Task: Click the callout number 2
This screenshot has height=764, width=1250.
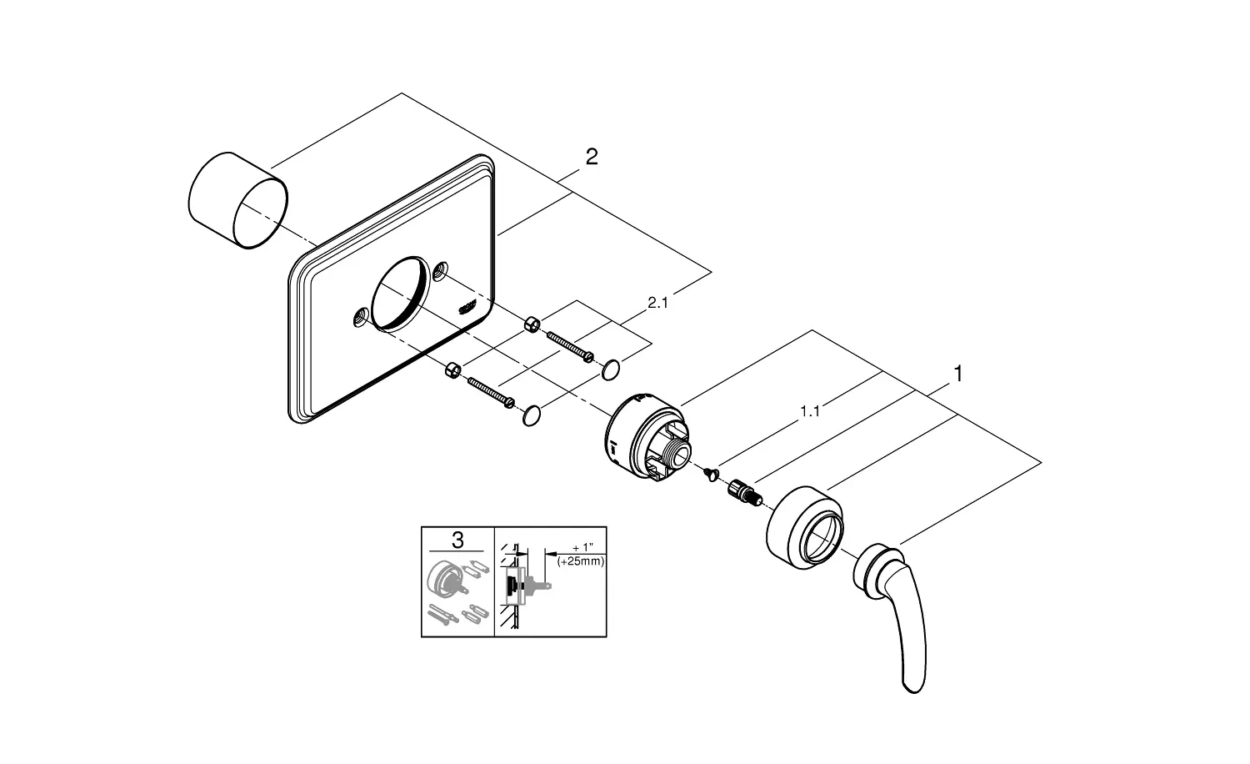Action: coord(592,156)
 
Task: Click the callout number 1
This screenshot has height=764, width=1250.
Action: coord(958,374)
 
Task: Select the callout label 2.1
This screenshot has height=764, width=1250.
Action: coord(658,303)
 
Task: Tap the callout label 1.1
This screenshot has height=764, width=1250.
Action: coord(810,411)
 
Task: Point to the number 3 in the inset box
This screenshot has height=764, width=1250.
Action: coord(457,540)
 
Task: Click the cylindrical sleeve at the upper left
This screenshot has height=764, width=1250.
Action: coord(237,200)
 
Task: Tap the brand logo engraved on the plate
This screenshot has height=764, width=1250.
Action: coord(467,309)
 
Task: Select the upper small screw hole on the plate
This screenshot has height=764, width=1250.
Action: coord(441,270)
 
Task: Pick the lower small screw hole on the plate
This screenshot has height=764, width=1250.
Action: coord(361,318)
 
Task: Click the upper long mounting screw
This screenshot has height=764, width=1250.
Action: coord(570,346)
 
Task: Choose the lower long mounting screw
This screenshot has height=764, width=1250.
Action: coord(491,393)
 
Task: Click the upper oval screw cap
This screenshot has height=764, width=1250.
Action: coord(611,369)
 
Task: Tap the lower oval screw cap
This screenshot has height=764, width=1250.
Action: coord(532,416)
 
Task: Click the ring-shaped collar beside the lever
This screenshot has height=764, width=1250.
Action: coord(805,528)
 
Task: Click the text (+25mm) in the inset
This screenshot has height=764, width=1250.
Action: coord(580,561)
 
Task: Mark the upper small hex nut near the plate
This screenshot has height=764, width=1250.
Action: coord(532,324)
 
